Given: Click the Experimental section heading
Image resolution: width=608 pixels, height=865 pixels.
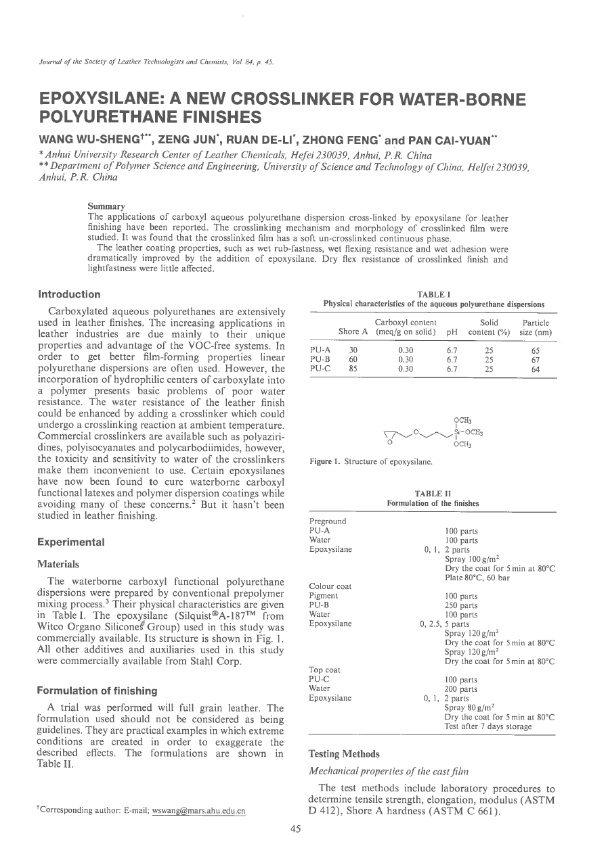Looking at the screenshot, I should [x=71, y=542].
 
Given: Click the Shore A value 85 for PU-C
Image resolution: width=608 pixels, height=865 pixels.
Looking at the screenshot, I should [x=353, y=369].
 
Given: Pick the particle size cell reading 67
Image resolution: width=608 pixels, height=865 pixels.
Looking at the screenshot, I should [x=536, y=360].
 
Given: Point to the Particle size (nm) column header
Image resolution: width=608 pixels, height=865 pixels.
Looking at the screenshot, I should [x=536, y=327].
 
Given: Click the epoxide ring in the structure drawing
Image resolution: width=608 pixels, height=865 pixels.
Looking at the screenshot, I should [x=391, y=437].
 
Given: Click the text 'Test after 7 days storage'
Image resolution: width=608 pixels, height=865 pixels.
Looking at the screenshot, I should [x=487, y=726].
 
